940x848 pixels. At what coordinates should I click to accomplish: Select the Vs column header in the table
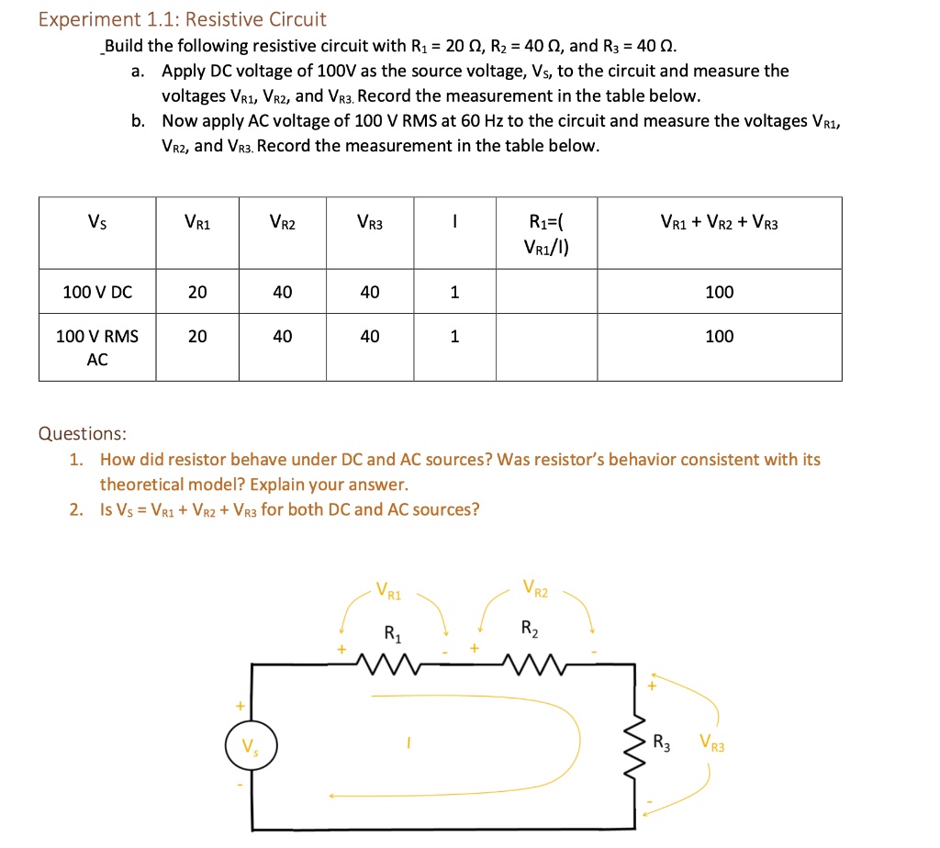point(96,221)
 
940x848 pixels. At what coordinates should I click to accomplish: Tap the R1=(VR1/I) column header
point(547,233)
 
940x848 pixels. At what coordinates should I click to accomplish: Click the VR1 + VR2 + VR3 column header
point(719,221)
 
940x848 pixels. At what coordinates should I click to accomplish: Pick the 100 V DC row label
point(97,292)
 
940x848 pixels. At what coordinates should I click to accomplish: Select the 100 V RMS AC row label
point(97,348)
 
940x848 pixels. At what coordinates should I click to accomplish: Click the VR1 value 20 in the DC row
point(197,292)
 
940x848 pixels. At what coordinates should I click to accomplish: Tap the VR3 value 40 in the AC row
point(369,337)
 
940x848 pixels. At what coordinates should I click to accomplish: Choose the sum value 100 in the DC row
point(719,292)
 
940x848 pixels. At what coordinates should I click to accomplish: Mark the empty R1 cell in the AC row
point(547,347)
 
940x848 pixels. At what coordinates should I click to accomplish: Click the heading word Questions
point(83,433)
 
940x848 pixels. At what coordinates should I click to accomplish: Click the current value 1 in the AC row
point(453,337)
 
